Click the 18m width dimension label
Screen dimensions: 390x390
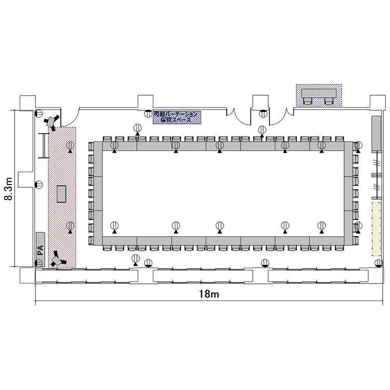point(209,294)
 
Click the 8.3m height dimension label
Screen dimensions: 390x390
point(9,189)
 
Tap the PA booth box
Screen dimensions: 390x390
point(40,250)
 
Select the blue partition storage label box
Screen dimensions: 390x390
point(177,118)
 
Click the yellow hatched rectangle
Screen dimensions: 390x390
point(376,229)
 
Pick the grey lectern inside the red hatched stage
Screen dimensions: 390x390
point(61,194)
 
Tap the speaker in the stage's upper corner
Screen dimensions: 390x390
point(51,122)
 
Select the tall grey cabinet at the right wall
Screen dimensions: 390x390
point(376,134)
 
